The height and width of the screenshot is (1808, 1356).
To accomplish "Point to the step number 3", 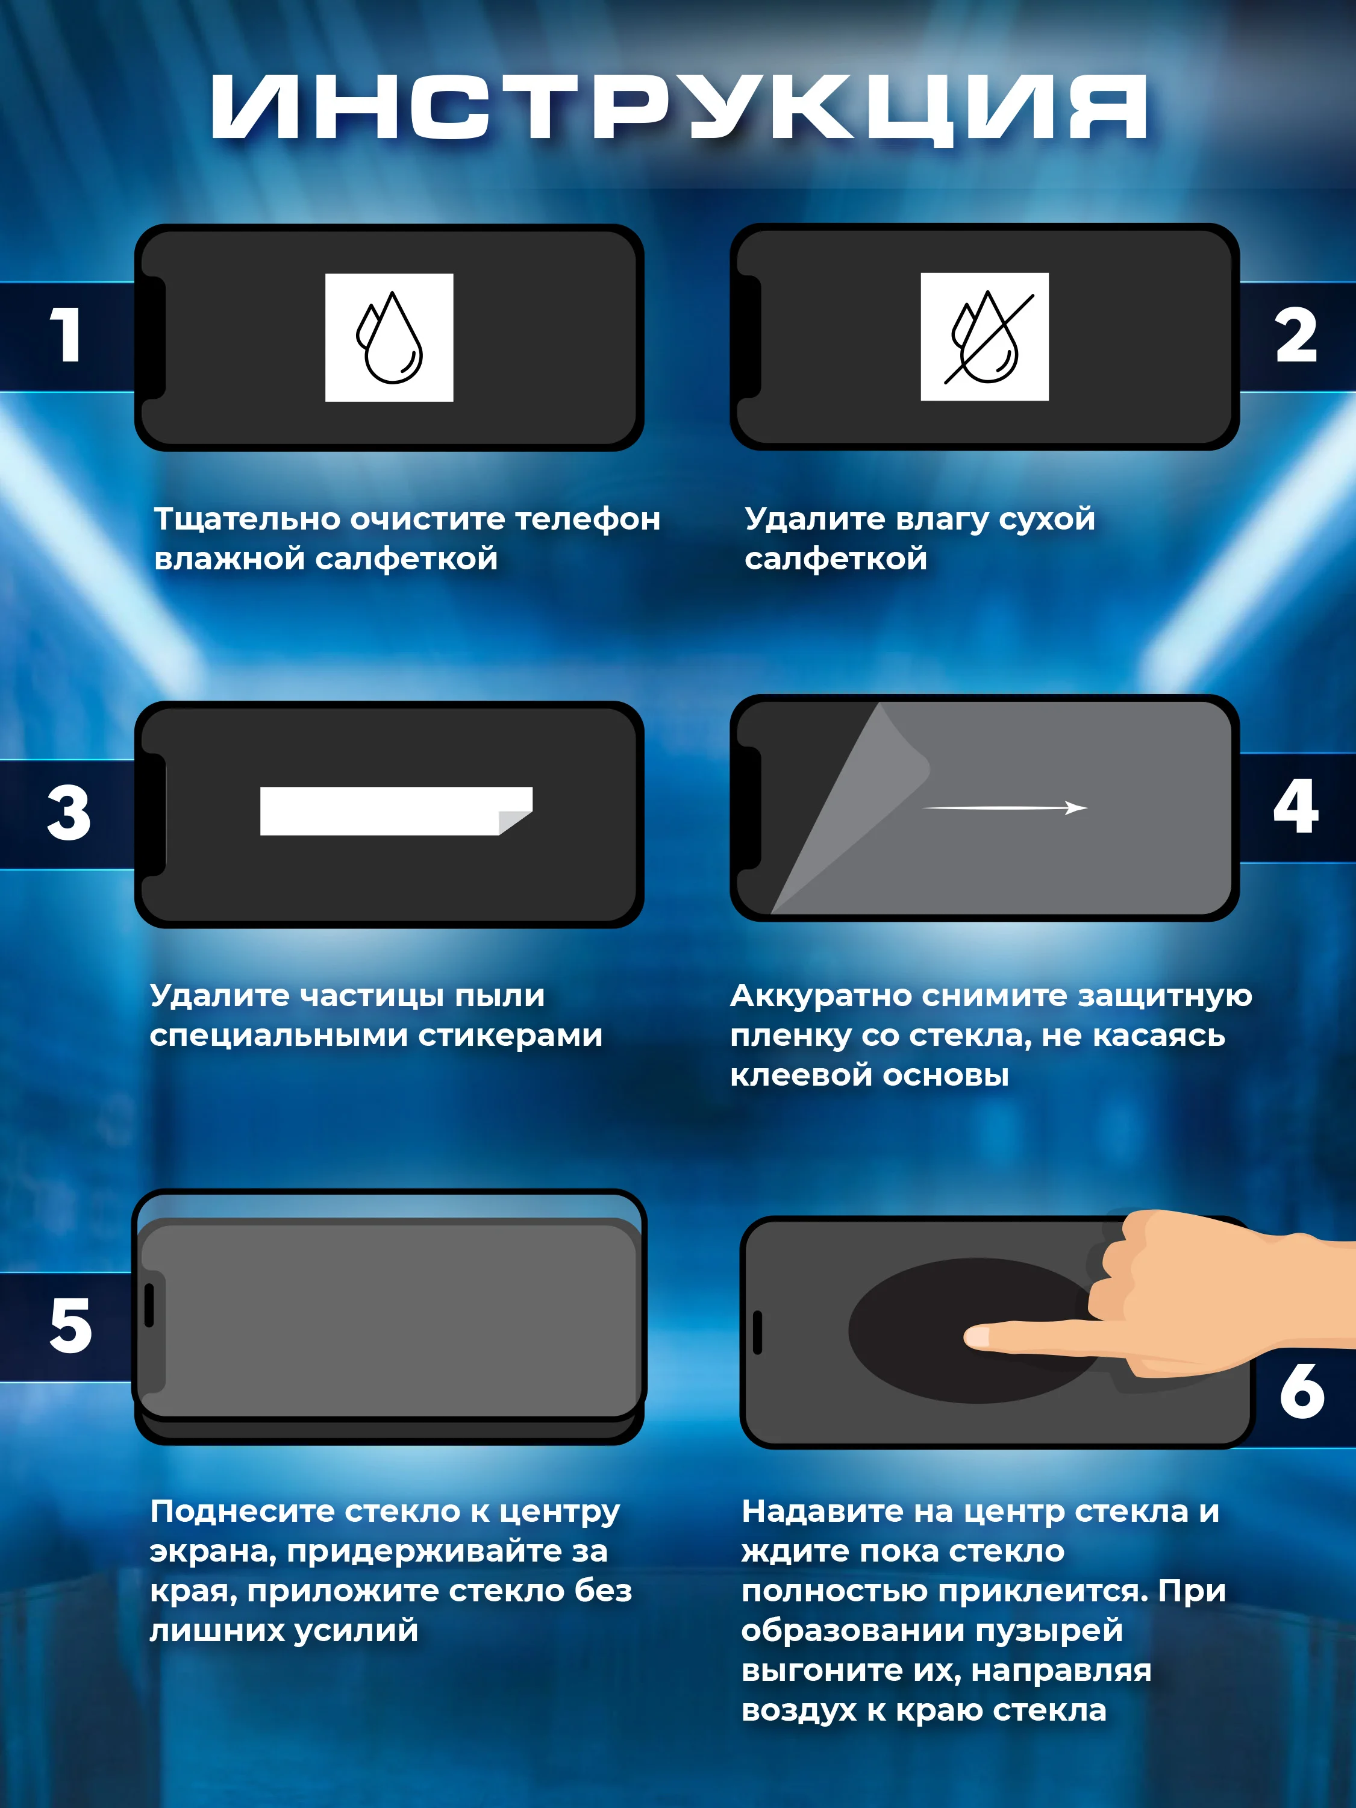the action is [x=69, y=813].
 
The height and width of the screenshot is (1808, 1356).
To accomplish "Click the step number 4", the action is [x=1296, y=806].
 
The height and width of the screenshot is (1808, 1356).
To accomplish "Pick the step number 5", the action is [x=70, y=1326].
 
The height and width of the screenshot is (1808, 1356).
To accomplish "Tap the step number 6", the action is [x=1302, y=1391].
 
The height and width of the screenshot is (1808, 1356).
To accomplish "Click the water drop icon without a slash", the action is [x=389, y=337].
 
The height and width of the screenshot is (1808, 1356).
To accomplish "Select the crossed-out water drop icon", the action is [x=985, y=337].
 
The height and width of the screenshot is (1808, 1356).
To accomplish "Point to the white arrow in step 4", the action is [x=1005, y=807].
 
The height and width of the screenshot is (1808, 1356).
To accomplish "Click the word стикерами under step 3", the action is [x=511, y=1036].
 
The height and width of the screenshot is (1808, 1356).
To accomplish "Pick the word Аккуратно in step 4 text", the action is [x=820, y=996].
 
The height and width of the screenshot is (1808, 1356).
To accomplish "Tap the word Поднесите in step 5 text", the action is [x=242, y=1512].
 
